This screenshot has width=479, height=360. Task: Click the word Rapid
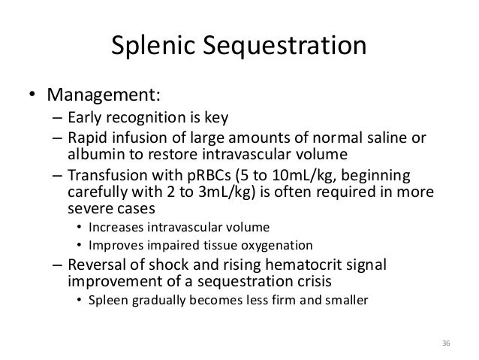(86, 137)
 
